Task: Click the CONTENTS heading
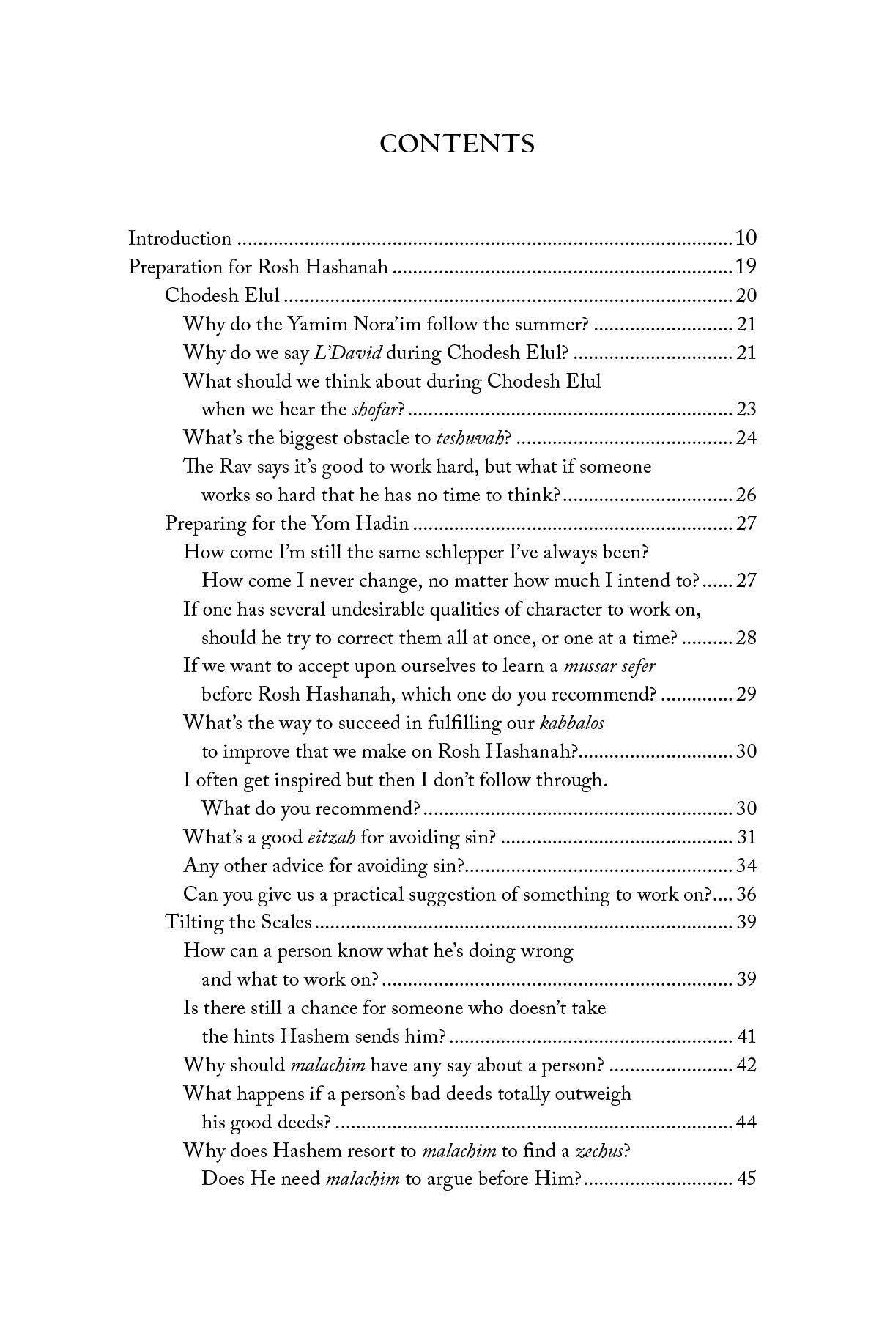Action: click(x=457, y=144)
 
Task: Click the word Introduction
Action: click(x=180, y=238)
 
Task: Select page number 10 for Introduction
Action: click(x=746, y=238)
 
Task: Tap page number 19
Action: click(x=746, y=267)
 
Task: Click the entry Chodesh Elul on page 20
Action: click(x=222, y=295)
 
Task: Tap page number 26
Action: click(x=746, y=495)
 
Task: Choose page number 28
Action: click(x=746, y=638)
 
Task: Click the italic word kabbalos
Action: click(x=571, y=723)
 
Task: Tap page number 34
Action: click(x=746, y=866)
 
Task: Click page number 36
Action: click(x=746, y=895)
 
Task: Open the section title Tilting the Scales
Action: click(x=239, y=923)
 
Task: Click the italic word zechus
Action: click(x=600, y=1151)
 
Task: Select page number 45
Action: click(x=746, y=1180)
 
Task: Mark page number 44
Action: click(x=746, y=1123)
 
